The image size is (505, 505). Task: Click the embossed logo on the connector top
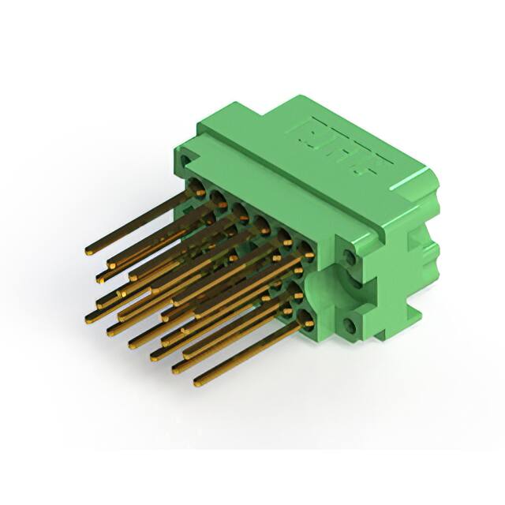coord(346,147)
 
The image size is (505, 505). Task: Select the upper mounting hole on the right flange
coord(350,255)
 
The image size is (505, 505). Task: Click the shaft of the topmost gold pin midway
coord(138,223)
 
